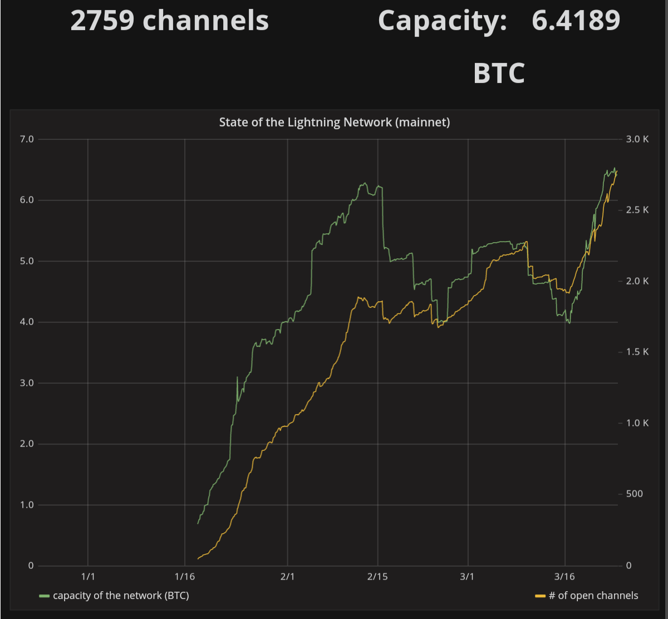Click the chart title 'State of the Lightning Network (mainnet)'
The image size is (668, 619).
[334, 122]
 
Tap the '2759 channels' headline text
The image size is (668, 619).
[170, 21]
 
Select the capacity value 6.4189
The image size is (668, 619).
[576, 21]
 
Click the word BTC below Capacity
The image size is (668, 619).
[499, 73]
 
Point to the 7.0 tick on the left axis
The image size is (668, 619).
[27, 139]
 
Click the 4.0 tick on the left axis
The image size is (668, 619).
[27, 322]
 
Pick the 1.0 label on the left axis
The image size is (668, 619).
[27, 505]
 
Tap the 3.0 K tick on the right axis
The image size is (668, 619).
[637, 139]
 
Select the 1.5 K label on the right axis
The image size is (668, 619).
[637, 352]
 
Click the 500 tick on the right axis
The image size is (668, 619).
[634, 494]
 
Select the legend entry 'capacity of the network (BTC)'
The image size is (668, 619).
[121, 596]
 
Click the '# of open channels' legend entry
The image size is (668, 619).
[593, 596]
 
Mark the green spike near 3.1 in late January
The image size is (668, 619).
[237, 377]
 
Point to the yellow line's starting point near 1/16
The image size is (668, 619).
[198, 558]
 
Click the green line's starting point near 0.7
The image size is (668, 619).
[198, 523]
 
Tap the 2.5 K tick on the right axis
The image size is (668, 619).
[637, 210]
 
